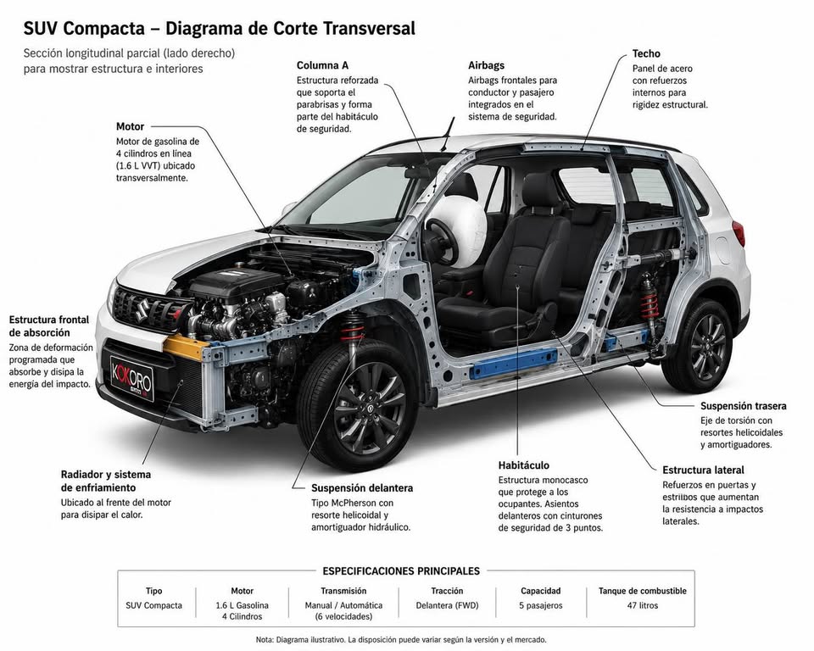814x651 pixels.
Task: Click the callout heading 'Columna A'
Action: point(322,65)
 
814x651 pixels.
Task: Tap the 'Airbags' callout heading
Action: point(486,65)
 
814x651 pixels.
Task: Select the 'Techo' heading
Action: point(646,53)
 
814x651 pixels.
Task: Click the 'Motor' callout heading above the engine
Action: point(130,126)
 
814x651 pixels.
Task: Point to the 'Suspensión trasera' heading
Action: point(744,406)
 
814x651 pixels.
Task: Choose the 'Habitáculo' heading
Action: point(524,465)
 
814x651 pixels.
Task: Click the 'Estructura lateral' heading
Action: point(703,470)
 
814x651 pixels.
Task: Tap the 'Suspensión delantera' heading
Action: point(362,488)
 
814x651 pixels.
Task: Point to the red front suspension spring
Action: point(353,329)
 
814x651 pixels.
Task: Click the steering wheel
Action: point(441,242)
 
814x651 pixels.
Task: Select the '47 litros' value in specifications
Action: point(642,605)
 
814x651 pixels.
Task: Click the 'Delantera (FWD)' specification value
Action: point(447,605)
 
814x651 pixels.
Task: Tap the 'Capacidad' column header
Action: point(540,591)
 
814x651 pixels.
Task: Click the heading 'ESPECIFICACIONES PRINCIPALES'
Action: point(401,571)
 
